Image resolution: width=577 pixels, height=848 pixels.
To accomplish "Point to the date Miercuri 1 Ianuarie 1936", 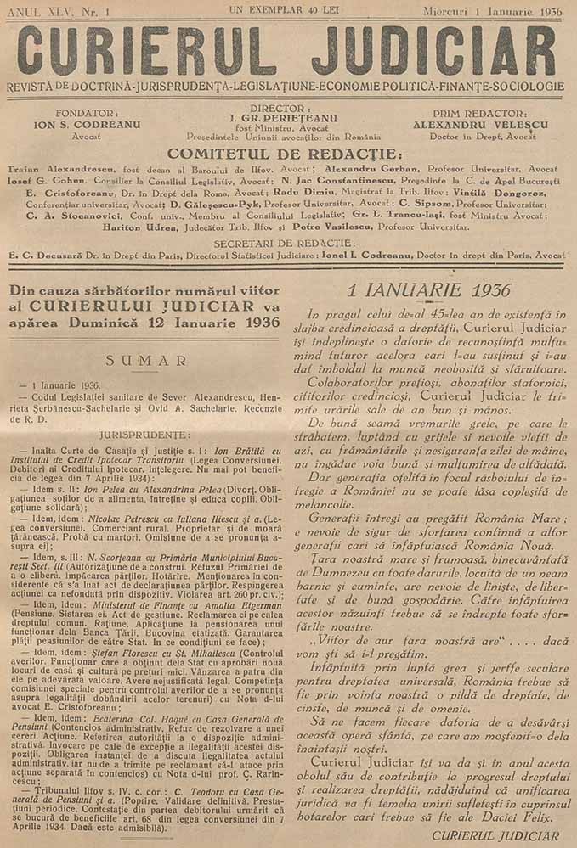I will [x=492, y=11].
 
